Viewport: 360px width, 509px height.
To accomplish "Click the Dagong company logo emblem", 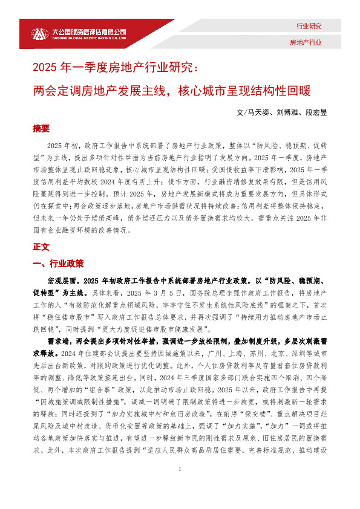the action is pos(39,33).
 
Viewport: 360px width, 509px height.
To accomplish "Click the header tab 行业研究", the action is pos(309,27).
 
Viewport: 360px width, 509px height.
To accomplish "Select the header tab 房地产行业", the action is pos(306,42).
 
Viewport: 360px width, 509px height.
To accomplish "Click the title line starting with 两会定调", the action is pos(171,91).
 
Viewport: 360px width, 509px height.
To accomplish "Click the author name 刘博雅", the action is pos(287,112).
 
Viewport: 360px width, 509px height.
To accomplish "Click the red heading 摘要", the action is pos(42,129).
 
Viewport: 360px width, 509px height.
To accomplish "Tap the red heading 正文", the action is pos(42,247).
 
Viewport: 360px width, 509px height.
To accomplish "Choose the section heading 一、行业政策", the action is pos(58,264).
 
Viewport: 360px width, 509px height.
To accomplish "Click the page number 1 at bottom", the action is pos(180,488).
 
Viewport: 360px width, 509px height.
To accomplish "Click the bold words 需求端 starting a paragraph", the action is pos(58,341).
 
